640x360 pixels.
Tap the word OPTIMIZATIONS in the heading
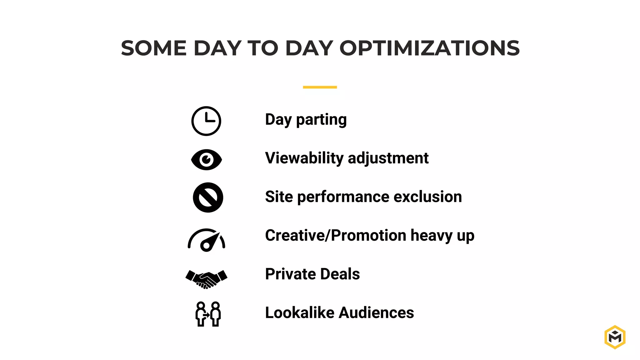point(429,48)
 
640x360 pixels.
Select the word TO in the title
point(262,48)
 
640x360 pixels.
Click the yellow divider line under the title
point(320,87)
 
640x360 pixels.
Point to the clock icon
point(206,121)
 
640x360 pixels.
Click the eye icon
point(206,160)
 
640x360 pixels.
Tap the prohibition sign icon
point(208,197)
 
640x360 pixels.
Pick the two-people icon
point(208,314)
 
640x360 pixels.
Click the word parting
point(321,120)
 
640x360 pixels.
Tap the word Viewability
point(304,158)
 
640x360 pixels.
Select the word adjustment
point(388,158)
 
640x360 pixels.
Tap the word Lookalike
point(299,312)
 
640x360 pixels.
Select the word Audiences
point(376,312)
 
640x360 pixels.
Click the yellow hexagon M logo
point(615,337)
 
